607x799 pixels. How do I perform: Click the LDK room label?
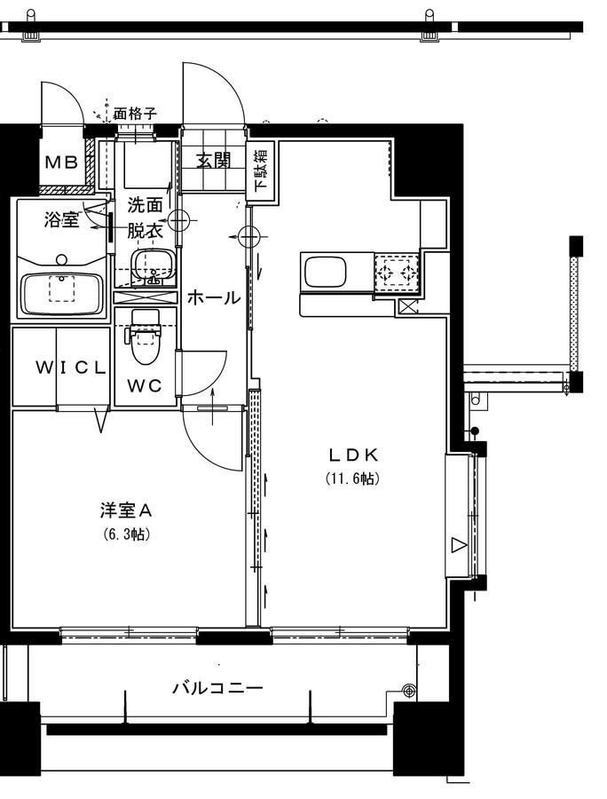pos(353,454)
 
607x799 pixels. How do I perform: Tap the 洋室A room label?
pos(126,510)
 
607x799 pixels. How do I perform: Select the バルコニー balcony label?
pos(218,688)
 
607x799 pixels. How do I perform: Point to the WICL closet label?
pos(71,368)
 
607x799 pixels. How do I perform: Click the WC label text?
pos(145,386)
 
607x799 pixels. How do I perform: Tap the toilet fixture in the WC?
pos(146,336)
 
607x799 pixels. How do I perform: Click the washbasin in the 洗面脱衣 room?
pos(153,265)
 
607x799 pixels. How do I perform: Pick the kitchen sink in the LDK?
pos(326,273)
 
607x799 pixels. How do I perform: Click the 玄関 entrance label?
pos(214,161)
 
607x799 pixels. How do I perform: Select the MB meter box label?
pos(61,162)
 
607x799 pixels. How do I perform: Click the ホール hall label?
pos(213,297)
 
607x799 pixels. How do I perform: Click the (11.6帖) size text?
pos(352,479)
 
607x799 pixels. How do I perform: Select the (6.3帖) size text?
pos(126,534)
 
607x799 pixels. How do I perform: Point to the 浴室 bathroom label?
pos(61,220)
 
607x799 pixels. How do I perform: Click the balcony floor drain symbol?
pos(408,691)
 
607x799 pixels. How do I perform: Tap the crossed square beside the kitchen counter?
pos(407,307)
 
